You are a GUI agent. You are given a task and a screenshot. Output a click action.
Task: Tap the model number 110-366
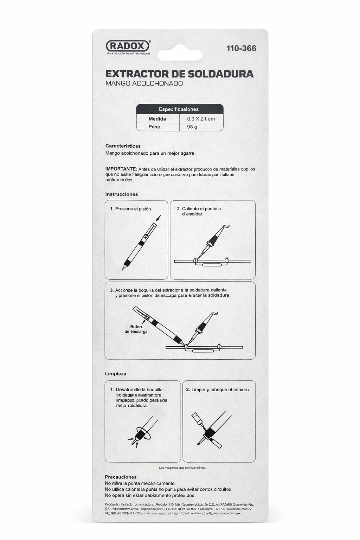(x=241, y=49)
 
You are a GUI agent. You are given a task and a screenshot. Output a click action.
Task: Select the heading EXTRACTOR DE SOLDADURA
(x=179, y=74)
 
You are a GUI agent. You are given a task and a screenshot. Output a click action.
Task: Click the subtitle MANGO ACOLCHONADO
(x=144, y=84)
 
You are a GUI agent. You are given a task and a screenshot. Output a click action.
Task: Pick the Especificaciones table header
(x=179, y=109)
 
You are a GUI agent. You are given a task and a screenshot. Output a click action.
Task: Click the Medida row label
(x=157, y=119)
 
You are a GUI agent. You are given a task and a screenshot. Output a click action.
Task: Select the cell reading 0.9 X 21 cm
(x=201, y=119)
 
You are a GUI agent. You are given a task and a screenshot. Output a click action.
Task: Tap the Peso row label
(x=154, y=127)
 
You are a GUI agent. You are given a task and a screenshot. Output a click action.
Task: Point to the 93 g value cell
(x=193, y=127)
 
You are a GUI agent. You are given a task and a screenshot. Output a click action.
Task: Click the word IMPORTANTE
(x=121, y=169)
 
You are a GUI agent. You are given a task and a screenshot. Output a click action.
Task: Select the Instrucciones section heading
(x=122, y=194)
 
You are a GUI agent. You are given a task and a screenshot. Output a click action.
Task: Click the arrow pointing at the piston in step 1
(x=158, y=218)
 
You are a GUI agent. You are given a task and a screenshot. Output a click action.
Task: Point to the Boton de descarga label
(x=136, y=329)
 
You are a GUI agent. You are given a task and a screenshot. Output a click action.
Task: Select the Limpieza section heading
(x=116, y=374)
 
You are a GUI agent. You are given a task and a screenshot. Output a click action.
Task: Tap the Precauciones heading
(x=121, y=477)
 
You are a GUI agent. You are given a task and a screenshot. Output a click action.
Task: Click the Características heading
(x=123, y=146)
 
